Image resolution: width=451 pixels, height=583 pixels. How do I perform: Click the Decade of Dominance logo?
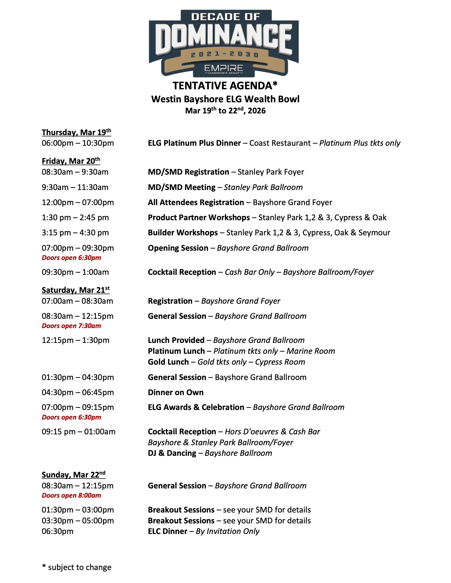tap(224, 43)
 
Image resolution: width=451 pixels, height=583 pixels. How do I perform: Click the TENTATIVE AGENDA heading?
tap(225, 86)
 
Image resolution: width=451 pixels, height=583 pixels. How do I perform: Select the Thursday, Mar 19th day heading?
tap(76, 132)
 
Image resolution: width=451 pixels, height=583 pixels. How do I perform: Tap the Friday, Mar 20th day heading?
tap(71, 161)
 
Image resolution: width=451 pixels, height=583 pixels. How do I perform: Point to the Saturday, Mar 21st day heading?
tap(75, 290)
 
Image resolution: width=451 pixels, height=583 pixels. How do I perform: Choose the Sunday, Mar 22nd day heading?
tap(73, 475)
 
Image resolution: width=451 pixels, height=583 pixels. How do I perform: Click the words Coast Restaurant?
tap(280, 143)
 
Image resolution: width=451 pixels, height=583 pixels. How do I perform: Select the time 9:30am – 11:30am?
tap(75, 187)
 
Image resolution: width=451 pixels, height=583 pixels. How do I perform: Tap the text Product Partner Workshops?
tap(199, 218)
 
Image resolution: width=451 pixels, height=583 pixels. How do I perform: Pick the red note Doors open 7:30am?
tap(71, 326)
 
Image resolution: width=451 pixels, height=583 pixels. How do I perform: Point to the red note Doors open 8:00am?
tap(71, 496)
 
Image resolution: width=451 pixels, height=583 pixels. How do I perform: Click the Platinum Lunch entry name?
tap(176, 351)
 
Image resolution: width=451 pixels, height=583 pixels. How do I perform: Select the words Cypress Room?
tap(280, 362)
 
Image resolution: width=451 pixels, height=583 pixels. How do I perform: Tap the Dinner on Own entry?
tap(176, 392)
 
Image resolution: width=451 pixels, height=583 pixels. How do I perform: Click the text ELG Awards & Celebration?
tap(196, 407)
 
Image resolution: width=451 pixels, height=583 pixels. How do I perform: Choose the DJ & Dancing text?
tap(172, 453)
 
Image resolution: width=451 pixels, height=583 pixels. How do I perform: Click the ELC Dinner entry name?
tap(167, 532)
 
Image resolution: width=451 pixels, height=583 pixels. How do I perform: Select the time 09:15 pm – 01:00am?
tap(78, 432)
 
